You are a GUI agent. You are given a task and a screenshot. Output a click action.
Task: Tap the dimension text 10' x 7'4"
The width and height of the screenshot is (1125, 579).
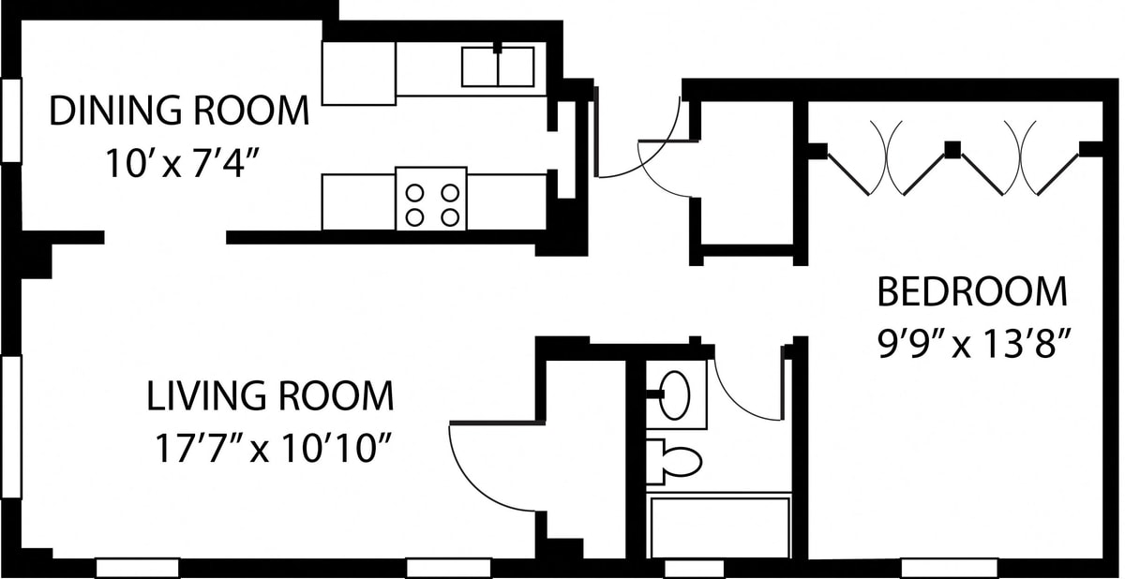pyautogui.click(x=182, y=163)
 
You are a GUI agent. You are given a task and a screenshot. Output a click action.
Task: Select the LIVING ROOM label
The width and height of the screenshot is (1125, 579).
pyautogui.click(x=270, y=396)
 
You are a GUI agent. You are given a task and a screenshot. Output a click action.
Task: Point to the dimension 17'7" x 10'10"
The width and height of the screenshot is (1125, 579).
pyautogui.click(x=273, y=448)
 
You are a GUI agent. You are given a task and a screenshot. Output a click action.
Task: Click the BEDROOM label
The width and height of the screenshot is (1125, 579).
pyautogui.click(x=972, y=291)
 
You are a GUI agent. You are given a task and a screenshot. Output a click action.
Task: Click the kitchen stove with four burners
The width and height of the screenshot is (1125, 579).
pyautogui.click(x=431, y=199)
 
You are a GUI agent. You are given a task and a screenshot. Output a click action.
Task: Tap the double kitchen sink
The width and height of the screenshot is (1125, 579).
pyautogui.click(x=498, y=67)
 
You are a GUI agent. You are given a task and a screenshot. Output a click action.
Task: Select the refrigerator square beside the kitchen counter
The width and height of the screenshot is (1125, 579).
pyautogui.click(x=358, y=73)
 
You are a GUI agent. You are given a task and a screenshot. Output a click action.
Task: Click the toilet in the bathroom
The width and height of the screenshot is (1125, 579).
pyautogui.click(x=673, y=462)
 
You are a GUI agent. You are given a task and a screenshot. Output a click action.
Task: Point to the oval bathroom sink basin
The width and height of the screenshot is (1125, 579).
pyautogui.click(x=674, y=395)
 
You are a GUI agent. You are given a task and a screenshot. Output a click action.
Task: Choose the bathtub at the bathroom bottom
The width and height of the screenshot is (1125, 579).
pyautogui.click(x=720, y=527)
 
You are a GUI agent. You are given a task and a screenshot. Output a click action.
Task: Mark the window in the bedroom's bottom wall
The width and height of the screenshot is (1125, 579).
pyautogui.click(x=949, y=569)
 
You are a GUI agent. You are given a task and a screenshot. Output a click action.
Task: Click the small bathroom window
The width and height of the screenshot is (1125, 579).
pyautogui.click(x=694, y=569)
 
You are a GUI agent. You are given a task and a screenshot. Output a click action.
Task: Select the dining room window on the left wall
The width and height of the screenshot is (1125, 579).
pyautogui.click(x=11, y=121)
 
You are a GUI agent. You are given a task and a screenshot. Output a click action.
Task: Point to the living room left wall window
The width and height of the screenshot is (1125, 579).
pyautogui.click(x=11, y=427)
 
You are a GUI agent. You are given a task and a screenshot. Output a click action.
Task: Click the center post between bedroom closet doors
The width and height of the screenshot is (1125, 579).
pyautogui.click(x=952, y=150)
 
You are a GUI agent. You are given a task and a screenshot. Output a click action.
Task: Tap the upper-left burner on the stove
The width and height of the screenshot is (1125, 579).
pyautogui.click(x=414, y=193)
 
